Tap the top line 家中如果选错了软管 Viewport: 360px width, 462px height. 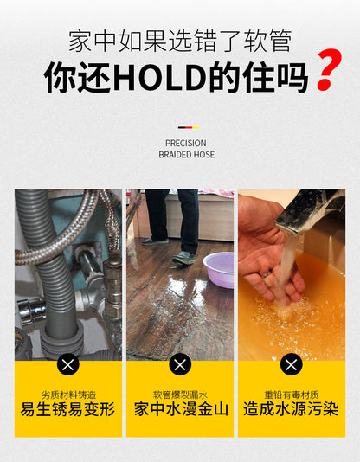(x=179, y=40)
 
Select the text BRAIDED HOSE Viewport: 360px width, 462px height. (x=186, y=155)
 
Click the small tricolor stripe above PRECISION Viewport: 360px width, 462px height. (x=186, y=127)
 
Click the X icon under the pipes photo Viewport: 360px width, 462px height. (x=68, y=363)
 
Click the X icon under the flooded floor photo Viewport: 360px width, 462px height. (x=180, y=363)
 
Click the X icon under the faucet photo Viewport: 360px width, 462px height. (x=292, y=363)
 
